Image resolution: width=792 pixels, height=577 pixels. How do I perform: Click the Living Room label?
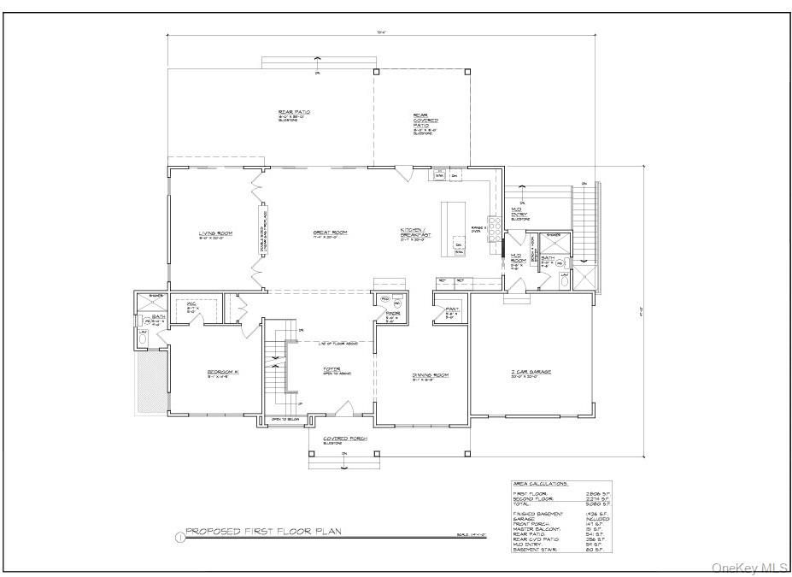pyautogui.click(x=216, y=233)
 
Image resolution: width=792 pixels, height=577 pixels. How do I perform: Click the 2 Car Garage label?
pyautogui.click(x=531, y=373)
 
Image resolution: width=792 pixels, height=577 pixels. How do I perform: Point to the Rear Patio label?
pyautogui.click(x=293, y=112)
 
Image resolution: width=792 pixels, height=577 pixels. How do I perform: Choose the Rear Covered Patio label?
pyautogui.click(x=425, y=124)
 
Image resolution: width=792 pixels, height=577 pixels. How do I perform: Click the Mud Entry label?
pyautogui.click(x=518, y=210)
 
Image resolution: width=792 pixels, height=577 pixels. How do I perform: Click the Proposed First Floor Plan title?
pyautogui.click(x=264, y=531)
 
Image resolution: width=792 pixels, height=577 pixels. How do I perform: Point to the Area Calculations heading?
pyautogui.click(x=540, y=483)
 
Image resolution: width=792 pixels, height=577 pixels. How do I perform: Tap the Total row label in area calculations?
pyautogui.click(x=522, y=503)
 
